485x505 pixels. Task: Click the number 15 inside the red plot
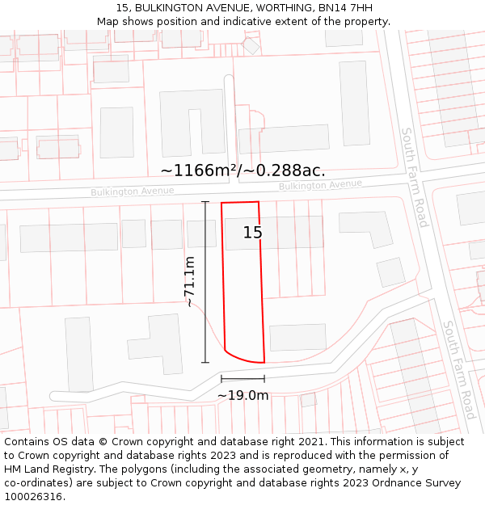pos(252,233)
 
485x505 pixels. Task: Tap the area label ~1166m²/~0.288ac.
pos(242,170)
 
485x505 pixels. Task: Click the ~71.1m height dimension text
pos(189,282)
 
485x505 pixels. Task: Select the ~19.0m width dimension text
pos(242,395)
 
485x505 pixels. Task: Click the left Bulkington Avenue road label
pos(132,191)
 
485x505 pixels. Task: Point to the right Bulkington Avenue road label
pos(320,185)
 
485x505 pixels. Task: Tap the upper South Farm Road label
pos(414,177)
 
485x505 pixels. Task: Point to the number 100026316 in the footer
pos(33,497)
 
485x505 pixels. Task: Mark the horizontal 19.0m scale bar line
pos(242,378)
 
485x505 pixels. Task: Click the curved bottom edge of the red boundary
pos(242,358)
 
